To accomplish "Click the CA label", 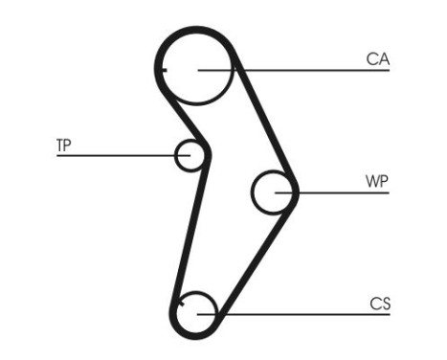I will coord(378,59).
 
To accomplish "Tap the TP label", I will coord(63,146).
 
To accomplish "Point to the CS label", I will coord(380,304).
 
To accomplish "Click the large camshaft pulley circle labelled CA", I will coord(198,68).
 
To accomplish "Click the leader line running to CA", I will coord(306,70).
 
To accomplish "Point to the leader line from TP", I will coord(115,155).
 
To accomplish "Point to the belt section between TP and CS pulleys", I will coord(188,235).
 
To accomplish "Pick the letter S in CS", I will coord(386,304).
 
